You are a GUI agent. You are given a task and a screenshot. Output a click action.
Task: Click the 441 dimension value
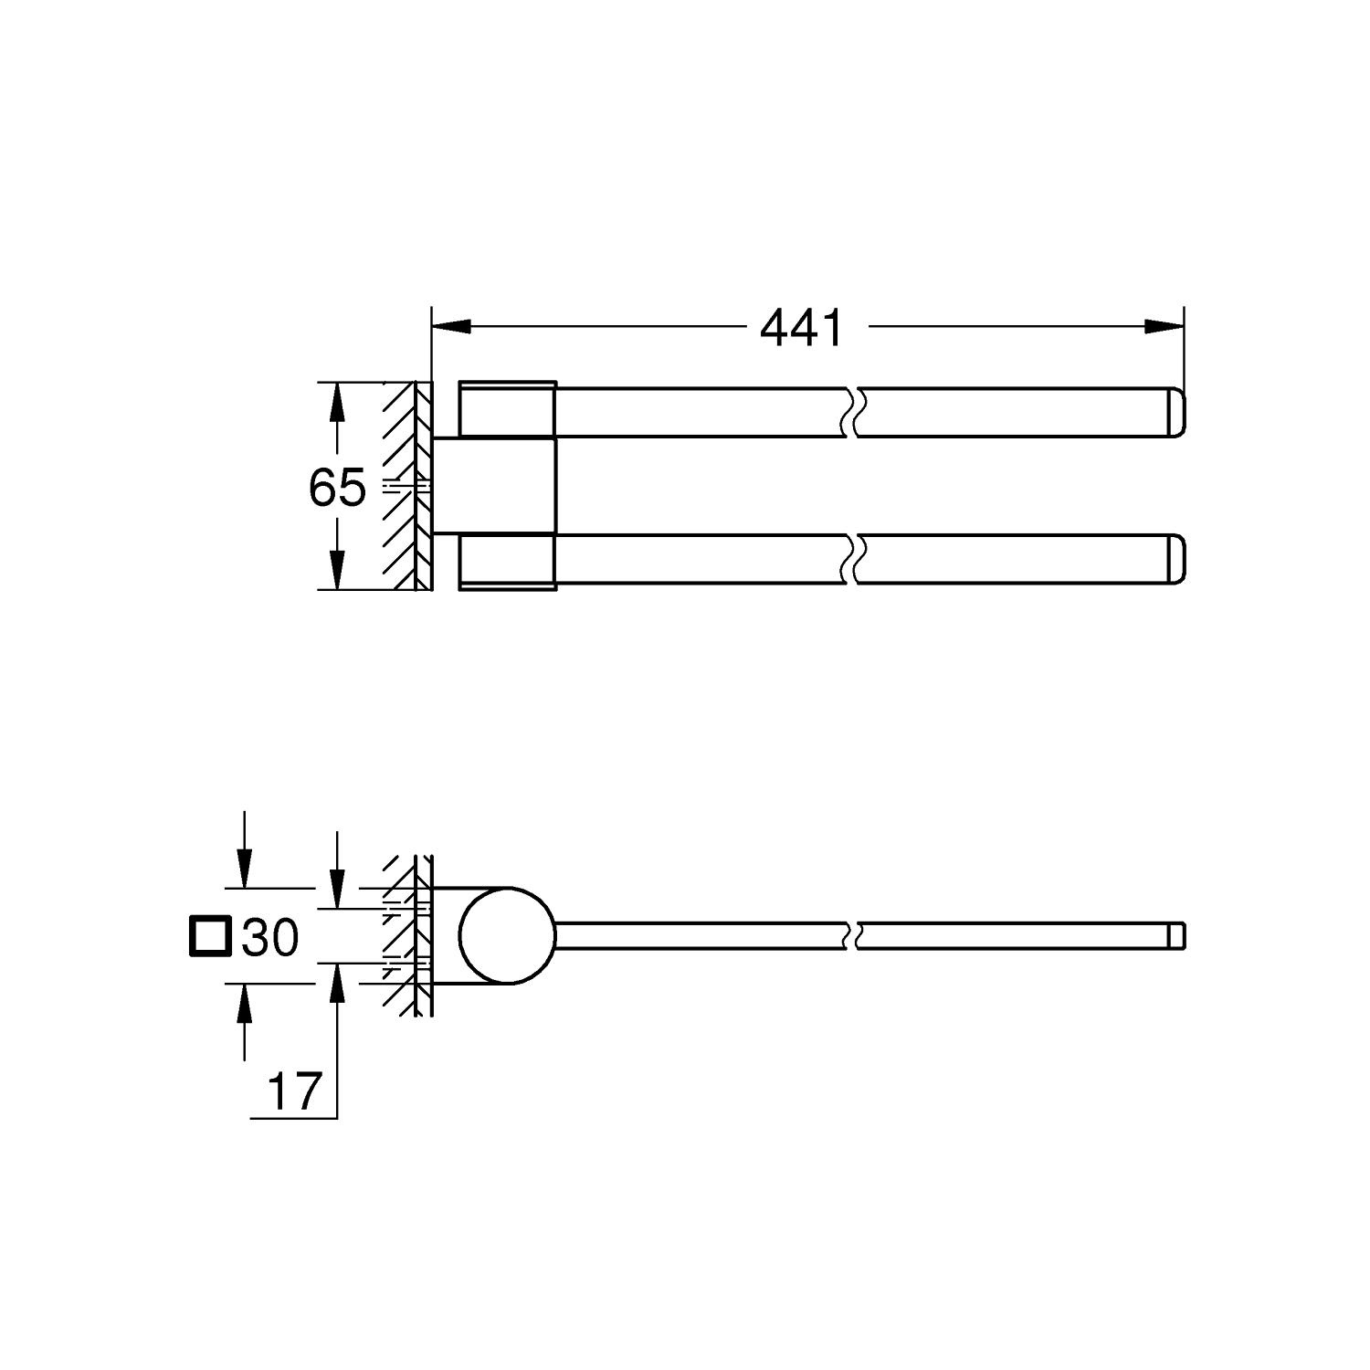(802, 328)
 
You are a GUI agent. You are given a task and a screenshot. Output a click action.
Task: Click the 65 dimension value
(337, 488)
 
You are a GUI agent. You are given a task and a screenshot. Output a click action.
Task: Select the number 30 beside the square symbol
(270, 937)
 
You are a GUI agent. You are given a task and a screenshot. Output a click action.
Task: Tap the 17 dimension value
(295, 1091)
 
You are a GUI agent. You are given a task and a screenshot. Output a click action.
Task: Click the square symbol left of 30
(209, 937)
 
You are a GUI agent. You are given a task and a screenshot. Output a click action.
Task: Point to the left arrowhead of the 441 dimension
(451, 326)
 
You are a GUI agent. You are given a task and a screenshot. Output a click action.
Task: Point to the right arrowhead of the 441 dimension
(1164, 326)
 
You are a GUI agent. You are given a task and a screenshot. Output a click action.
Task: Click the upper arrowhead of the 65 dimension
(337, 402)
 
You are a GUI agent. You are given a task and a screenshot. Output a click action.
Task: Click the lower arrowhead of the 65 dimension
(337, 569)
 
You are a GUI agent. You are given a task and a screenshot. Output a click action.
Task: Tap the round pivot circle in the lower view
(508, 936)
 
